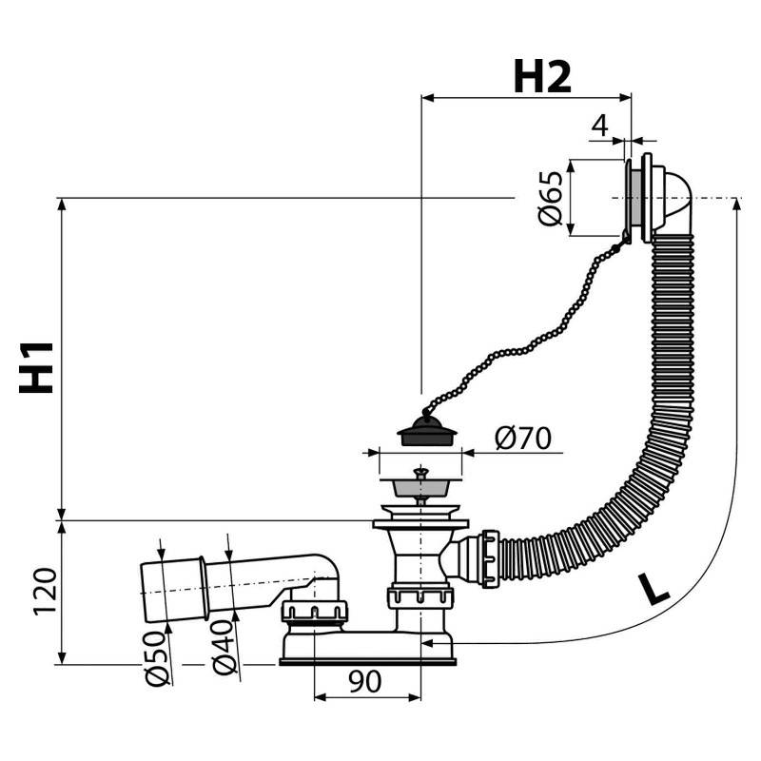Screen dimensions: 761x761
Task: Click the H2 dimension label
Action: coord(542,77)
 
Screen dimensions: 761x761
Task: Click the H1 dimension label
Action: coord(36,367)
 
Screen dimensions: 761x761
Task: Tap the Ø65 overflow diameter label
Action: coord(551,199)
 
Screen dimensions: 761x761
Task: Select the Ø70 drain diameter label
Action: coord(522,438)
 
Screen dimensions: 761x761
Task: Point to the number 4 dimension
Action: coord(600,126)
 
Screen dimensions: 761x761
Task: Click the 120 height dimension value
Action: coord(45,592)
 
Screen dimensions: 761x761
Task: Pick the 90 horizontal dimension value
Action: coord(365,681)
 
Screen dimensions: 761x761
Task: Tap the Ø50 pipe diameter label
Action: coord(158,658)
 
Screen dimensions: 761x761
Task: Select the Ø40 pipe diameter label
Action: coord(224,648)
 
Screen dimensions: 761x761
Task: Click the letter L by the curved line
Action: coord(654,589)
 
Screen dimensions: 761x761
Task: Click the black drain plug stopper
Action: coord(426,431)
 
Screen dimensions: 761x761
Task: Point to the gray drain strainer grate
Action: coord(420,487)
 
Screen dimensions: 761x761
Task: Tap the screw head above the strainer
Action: coord(420,471)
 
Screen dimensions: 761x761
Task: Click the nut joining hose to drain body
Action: coord(490,559)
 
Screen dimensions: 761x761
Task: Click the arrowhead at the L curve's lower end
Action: coord(427,643)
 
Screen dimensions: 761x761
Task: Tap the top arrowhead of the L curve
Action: coord(736,204)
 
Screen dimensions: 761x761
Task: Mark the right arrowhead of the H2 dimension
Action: coord(626,98)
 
